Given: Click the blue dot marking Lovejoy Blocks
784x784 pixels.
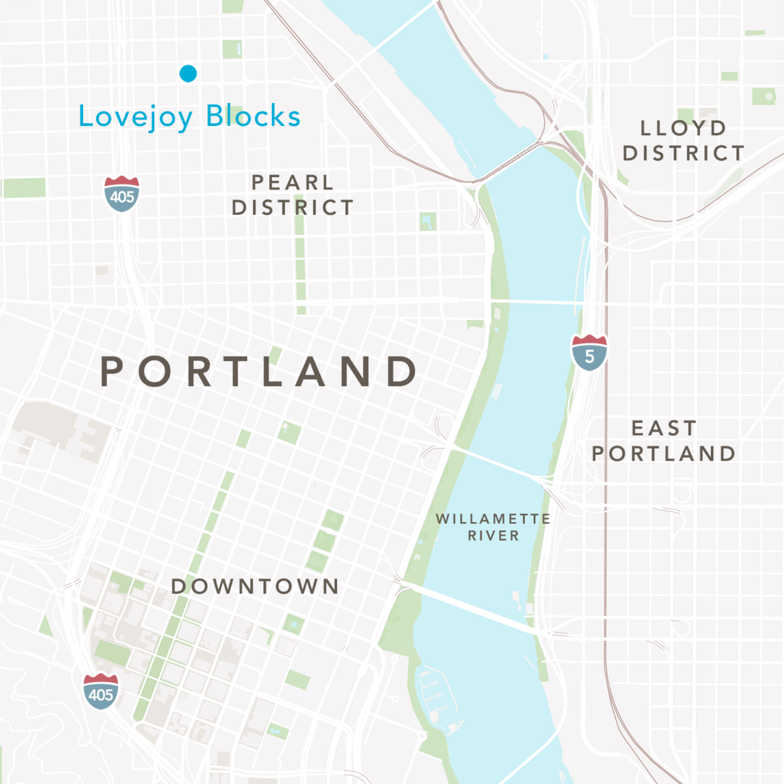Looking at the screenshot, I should pos(188,73).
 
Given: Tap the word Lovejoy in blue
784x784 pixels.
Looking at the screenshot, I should pos(135,117).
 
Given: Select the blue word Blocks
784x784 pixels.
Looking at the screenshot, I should pos(253,116).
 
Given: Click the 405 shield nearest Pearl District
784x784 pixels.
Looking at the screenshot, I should pos(122,194).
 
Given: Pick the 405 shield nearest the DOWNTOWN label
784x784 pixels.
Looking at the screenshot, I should pos(101,692).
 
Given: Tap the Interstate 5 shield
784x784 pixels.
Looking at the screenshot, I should pos(589,353).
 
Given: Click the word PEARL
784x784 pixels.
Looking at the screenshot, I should pos(293,182).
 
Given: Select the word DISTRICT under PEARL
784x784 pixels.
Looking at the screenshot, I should pos(293,208).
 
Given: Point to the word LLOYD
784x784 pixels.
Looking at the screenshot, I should pos(683,128).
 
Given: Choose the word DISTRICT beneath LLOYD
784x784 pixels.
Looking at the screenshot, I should pos(683,154).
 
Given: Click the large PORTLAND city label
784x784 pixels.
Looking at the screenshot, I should pos(259,372).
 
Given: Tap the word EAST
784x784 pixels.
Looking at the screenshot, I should pos(664,429).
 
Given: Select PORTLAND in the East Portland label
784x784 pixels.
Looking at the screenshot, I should pos(664,453).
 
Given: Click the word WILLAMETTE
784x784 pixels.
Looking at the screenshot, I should pos(493,519).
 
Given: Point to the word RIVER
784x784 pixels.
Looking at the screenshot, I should pos(493,536).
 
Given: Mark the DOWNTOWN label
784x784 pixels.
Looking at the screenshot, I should pos(255,587).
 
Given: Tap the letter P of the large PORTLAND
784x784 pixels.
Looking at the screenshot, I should pos(112,372).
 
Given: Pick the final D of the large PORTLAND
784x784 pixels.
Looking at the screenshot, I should pos(401,372).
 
